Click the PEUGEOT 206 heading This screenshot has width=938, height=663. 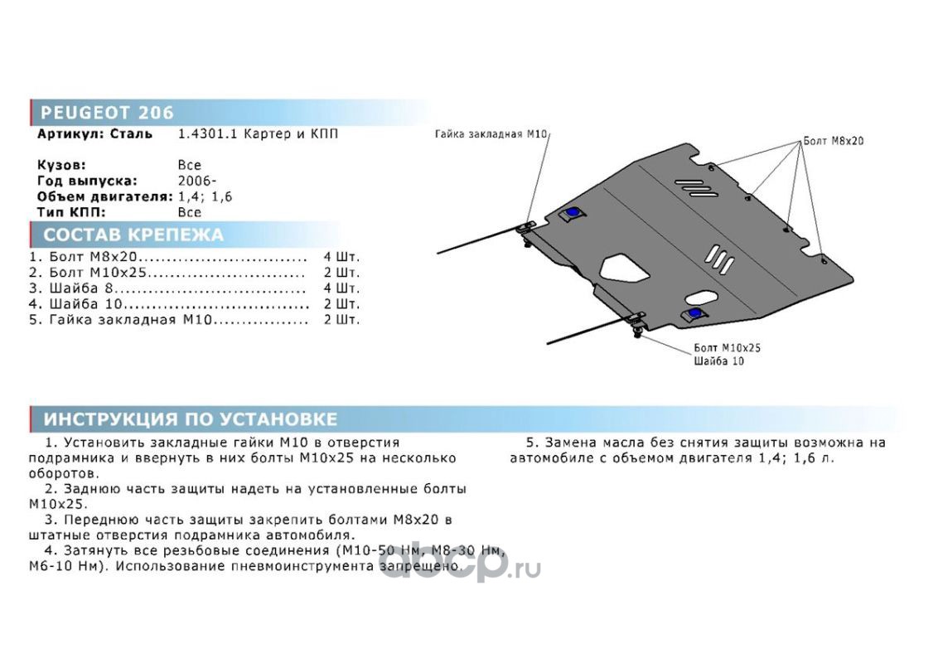click(107, 113)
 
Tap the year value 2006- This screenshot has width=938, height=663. click(193, 181)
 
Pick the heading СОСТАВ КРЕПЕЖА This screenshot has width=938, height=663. click(133, 235)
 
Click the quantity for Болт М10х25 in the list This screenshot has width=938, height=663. click(341, 272)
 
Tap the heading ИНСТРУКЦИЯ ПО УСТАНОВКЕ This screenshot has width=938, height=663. click(191, 419)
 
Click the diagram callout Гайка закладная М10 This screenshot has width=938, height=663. click(491, 133)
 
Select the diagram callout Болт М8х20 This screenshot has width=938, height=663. click(834, 141)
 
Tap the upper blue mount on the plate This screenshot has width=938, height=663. click(572, 214)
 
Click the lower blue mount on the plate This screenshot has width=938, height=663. click(694, 313)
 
